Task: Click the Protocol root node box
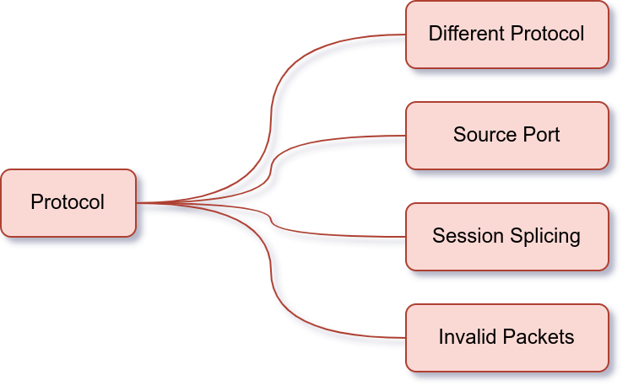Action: coord(68,203)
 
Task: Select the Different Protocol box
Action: coord(506,35)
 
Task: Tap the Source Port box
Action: coord(506,135)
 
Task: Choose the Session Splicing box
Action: coord(506,236)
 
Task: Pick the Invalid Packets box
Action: coord(506,337)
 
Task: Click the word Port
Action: coord(540,135)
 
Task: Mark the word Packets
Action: coord(538,337)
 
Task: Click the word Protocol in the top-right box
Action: coord(547,35)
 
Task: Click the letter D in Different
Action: coord(435,35)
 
